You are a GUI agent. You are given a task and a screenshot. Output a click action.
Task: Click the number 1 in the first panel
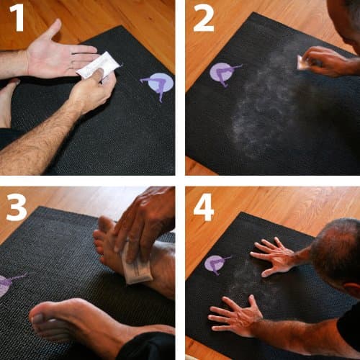pyautogui.click(x=17, y=19)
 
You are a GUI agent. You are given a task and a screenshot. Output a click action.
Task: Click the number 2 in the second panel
pyautogui.click(x=203, y=19)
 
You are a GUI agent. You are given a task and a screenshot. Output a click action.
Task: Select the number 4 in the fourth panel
pyautogui.click(x=204, y=207)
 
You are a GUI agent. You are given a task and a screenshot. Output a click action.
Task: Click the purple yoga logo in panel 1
pyautogui.click(x=160, y=85)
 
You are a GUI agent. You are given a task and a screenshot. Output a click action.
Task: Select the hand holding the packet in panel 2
pyautogui.click(x=328, y=61)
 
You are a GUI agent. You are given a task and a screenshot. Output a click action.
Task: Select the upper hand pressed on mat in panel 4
pyautogui.click(x=274, y=256)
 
